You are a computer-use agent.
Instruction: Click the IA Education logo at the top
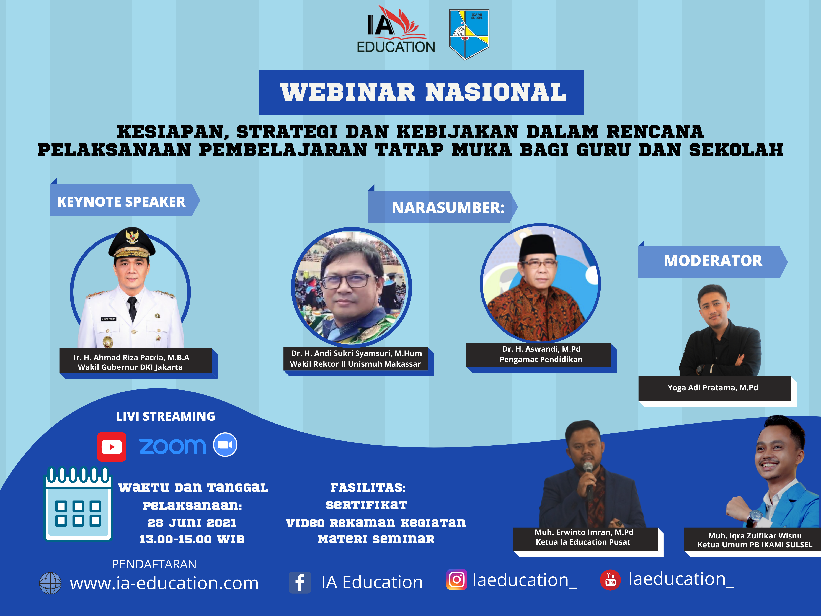click(396, 30)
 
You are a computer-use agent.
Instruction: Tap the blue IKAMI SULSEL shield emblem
click(469, 34)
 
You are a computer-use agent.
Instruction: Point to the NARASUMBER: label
click(448, 207)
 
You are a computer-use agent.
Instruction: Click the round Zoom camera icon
click(225, 445)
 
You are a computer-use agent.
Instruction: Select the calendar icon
click(78, 504)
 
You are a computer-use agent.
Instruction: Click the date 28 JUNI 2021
click(192, 522)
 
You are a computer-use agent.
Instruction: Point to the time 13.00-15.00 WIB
click(192, 539)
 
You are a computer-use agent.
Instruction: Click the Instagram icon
click(456, 580)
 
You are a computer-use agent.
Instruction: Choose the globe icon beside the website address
click(50, 583)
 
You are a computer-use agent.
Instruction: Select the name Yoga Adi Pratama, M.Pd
click(713, 388)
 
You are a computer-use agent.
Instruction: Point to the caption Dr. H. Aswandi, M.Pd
click(541, 349)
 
